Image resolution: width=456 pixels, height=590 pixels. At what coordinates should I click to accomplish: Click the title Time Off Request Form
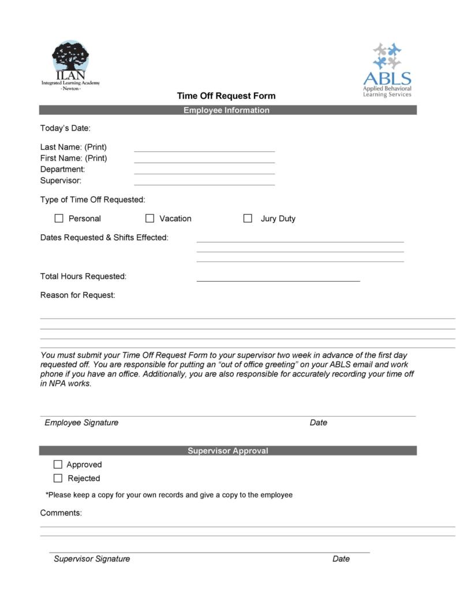(226, 96)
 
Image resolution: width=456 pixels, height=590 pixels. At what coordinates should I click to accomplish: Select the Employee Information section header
(227, 110)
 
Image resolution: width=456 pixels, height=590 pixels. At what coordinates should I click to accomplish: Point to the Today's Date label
(65, 128)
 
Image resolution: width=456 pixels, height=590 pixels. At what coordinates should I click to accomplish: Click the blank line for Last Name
(204, 150)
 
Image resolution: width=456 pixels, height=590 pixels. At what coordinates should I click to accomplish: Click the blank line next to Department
(204, 172)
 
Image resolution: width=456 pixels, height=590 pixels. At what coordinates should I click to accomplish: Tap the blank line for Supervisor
(204, 184)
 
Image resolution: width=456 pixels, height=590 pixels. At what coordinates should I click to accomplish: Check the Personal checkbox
(59, 218)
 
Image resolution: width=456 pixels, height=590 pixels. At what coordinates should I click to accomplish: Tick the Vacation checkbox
(150, 218)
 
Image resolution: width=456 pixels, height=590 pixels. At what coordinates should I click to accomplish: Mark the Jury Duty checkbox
(248, 218)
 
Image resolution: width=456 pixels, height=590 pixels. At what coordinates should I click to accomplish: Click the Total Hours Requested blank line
(278, 280)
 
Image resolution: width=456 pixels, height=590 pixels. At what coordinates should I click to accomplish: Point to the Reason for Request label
(78, 295)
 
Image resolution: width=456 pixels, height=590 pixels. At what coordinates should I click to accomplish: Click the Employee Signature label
(81, 423)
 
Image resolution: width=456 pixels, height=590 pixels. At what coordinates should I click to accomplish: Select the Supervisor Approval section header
(227, 451)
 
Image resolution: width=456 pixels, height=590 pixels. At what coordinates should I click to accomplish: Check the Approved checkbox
(58, 464)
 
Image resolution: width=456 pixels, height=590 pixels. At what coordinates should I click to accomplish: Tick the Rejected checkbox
(58, 478)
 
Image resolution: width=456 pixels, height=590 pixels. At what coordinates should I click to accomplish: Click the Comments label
(61, 513)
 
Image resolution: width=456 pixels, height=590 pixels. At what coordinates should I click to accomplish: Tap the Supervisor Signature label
(92, 559)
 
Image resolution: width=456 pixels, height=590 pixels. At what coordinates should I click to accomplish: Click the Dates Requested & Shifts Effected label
(104, 237)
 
